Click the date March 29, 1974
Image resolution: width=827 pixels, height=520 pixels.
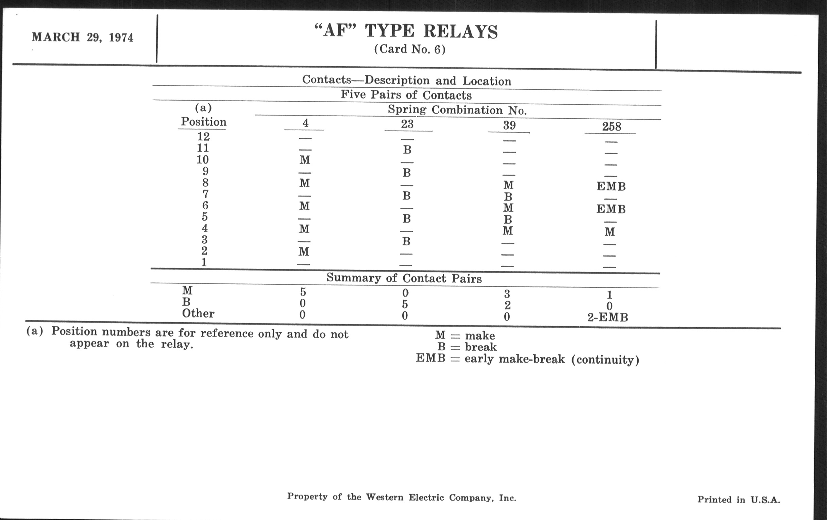tap(82, 37)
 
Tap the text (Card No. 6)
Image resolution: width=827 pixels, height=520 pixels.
tap(410, 49)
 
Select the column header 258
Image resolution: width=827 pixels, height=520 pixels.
tap(611, 126)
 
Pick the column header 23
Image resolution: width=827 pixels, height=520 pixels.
tap(407, 124)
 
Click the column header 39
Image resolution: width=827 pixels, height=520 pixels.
tap(509, 125)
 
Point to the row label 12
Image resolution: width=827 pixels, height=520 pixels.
tap(203, 137)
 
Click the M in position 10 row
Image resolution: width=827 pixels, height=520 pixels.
tap(305, 160)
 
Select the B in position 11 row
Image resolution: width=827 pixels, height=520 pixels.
tap(407, 150)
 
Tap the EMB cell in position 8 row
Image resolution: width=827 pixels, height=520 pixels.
tap(611, 186)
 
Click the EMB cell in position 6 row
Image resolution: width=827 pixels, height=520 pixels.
tap(611, 209)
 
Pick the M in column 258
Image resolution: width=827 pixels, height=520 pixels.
tap(610, 232)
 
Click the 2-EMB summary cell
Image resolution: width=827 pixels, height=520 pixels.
tap(608, 317)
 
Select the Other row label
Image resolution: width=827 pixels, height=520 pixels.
tap(198, 313)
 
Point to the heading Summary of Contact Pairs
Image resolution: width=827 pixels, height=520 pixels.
tap(404, 278)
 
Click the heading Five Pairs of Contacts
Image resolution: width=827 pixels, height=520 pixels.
tap(406, 95)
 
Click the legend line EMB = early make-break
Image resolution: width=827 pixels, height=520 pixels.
tap(527, 359)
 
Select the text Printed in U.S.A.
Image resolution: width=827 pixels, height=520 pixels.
tap(738, 500)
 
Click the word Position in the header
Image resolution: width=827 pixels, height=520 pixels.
tap(204, 122)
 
